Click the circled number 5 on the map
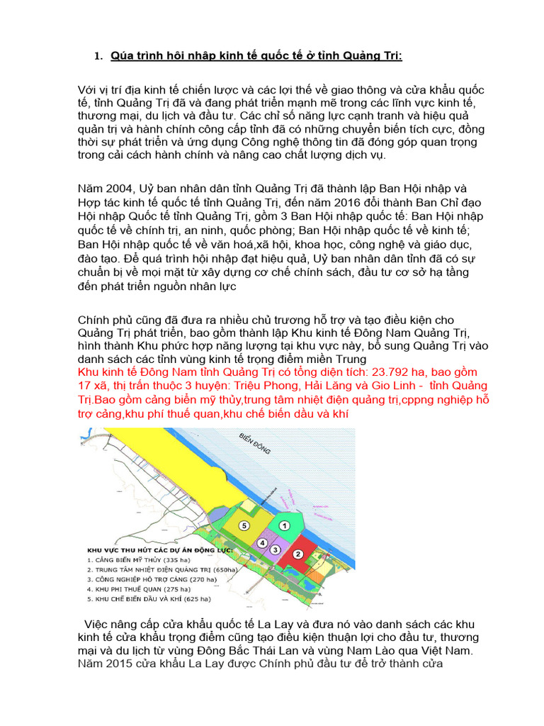(x=244, y=526)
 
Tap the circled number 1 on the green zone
(x=283, y=526)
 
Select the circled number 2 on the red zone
(x=298, y=554)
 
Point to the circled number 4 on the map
(x=262, y=543)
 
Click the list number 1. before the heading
(x=99, y=56)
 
